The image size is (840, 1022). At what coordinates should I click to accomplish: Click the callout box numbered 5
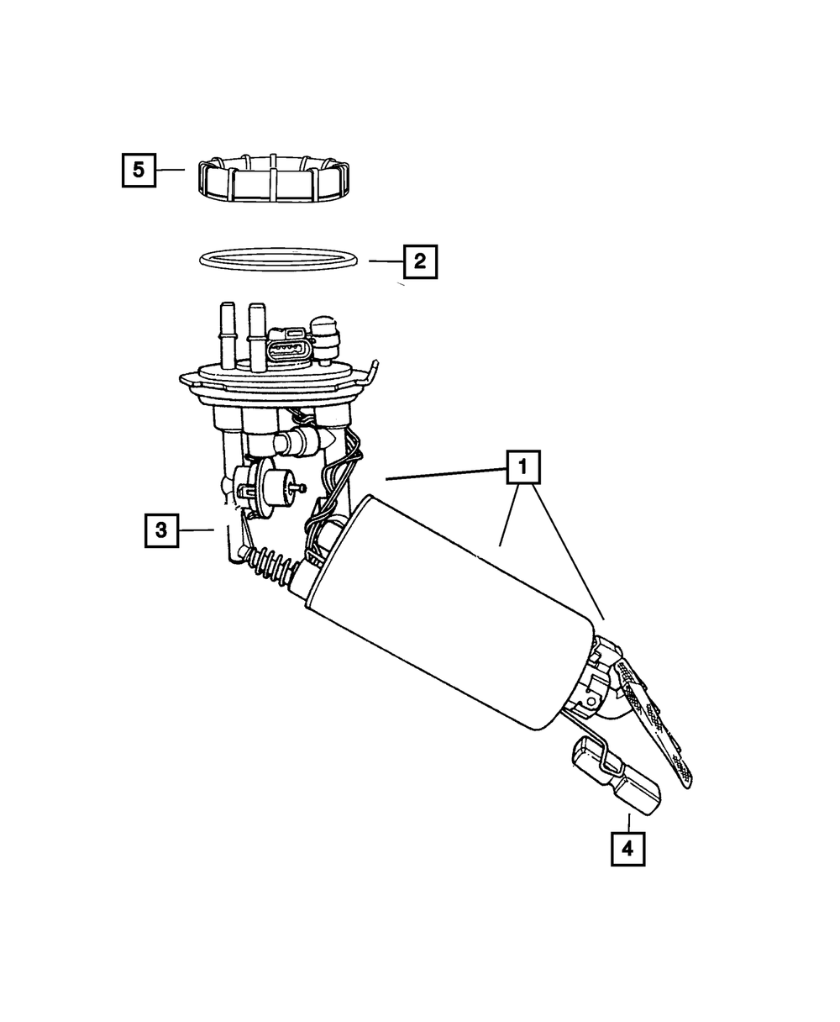click(138, 170)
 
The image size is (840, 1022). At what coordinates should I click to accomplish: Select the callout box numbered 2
click(420, 261)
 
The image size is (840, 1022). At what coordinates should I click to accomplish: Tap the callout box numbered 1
click(522, 467)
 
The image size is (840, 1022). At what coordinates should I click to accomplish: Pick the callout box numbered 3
click(161, 529)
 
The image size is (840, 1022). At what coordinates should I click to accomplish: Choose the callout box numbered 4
click(627, 848)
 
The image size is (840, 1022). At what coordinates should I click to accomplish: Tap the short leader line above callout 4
click(627, 821)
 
